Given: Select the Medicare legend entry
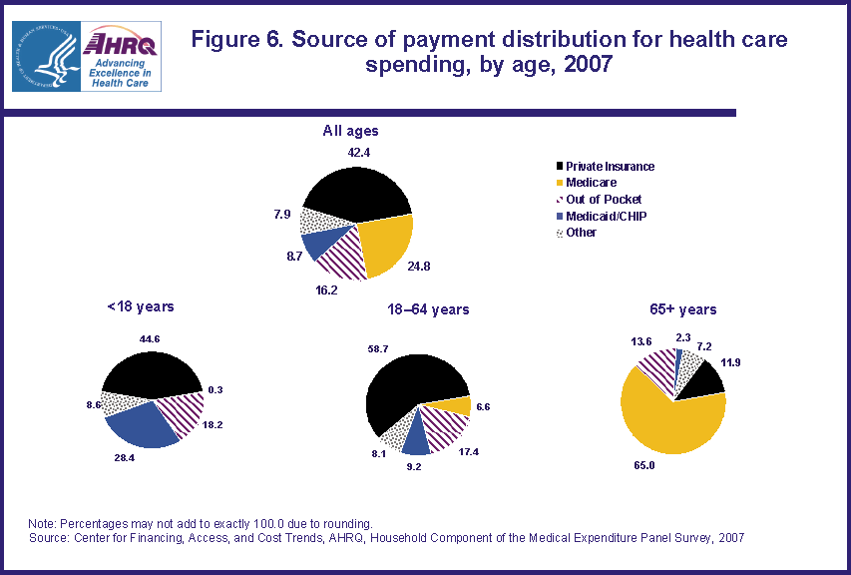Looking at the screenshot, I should coord(591,183).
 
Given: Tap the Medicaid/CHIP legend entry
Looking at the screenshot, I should coord(606,216).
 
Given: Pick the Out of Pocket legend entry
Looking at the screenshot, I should coord(603,200).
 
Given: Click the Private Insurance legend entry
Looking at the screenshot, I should coord(610,167).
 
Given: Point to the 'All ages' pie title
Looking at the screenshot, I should coord(350,131).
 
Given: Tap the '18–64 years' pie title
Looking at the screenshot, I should coord(426,309).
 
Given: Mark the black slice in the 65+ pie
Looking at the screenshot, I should coord(705,380).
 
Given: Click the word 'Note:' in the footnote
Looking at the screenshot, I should coord(44,523).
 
